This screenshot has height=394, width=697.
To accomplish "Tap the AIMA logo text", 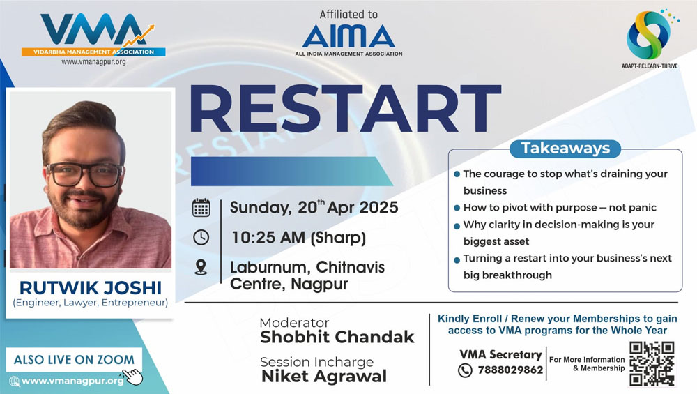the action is pyautogui.click(x=348, y=36).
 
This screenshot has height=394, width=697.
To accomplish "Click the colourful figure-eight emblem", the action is pyautogui.click(x=649, y=35).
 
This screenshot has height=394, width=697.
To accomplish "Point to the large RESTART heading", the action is pyautogui.click(x=346, y=109).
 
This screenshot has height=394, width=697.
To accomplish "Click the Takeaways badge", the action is pyautogui.click(x=565, y=149).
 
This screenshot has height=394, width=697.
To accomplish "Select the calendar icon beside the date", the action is pyautogui.click(x=201, y=208).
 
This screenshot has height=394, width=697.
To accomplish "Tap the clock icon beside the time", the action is pyautogui.click(x=201, y=238).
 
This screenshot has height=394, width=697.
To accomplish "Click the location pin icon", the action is pyautogui.click(x=201, y=267).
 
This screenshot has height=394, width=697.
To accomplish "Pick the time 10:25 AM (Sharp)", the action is pyautogui.click(x=298, y=238).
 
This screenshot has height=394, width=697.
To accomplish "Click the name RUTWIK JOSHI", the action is pyautogui.click(x=90, y=288).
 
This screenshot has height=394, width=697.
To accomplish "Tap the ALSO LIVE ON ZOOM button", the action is pyautogui.click(x=74, y=359).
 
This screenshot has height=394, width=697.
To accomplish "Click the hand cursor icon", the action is pyautogui.click(x=133, y=376).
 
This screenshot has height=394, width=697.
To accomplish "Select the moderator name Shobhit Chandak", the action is pyautogui.click(x=337, y=337).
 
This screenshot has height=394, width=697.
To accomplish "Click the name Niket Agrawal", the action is pyautogui.click(x=324, y=376).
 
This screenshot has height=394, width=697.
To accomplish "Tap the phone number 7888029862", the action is pyautogui.click(x=510, y=370).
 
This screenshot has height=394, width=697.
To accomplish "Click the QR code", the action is pyautogui.click(x=652, y=363).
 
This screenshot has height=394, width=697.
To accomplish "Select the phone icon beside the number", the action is pyautogui.click(x=465, y=370).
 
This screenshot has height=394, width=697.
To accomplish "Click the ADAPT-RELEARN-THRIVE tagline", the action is pyautogui.click(x=650, y=66).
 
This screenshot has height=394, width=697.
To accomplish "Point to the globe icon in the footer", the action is pyautogui.click(x=14, y=381).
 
